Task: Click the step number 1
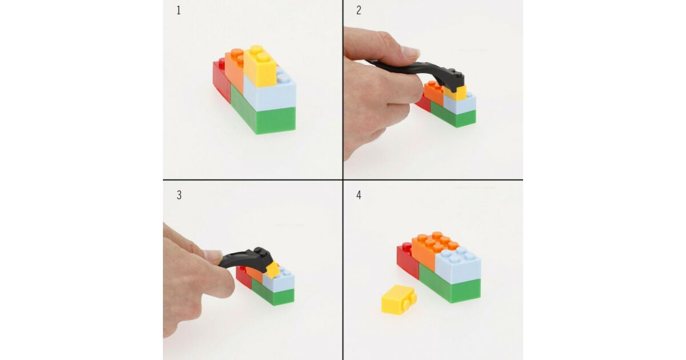pos(178,10)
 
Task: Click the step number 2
pos(359,10)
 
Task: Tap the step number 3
pos(179,195)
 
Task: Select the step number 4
pos(359,195)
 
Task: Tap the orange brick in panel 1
pos(235,69)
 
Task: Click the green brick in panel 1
pos(264,115)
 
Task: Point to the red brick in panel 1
pos(222,79)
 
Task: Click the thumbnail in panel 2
pos(410,52)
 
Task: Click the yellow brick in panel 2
pos(456,93)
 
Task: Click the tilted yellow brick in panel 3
pos(273,270)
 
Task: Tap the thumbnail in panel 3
pos(213,255)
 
